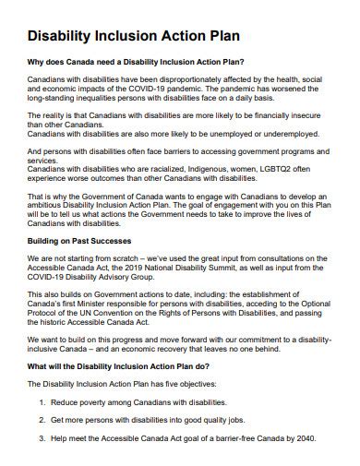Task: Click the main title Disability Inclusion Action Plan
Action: [135, 36]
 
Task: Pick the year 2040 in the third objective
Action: [299, 439]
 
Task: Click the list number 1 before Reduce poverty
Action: [42, 403]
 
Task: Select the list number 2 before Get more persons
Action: [42, 422]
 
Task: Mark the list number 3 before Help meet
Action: [42, 439]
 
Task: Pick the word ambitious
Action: [47, 205]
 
